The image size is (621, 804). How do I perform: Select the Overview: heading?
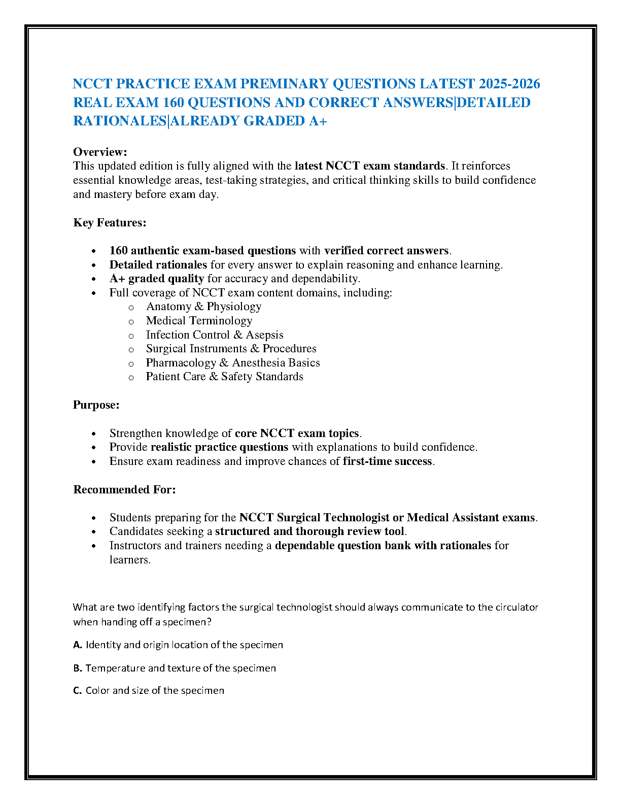100,152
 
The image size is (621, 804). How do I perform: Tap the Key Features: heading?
110,222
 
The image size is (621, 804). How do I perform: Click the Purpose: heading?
96,405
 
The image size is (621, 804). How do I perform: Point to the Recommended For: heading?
124,490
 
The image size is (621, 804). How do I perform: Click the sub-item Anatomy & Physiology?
203,307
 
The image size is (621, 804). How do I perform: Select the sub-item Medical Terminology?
199,321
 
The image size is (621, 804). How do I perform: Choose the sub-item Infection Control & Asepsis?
215,335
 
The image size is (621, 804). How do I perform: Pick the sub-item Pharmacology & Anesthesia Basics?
233,363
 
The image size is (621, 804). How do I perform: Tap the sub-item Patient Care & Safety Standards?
224,377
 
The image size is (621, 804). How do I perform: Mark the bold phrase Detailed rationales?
158,265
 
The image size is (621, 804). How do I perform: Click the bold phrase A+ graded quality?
157,279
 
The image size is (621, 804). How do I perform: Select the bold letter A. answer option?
78,645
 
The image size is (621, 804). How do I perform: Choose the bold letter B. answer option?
78,668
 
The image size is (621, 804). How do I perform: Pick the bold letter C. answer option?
78,691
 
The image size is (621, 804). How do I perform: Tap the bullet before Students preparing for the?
94,518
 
